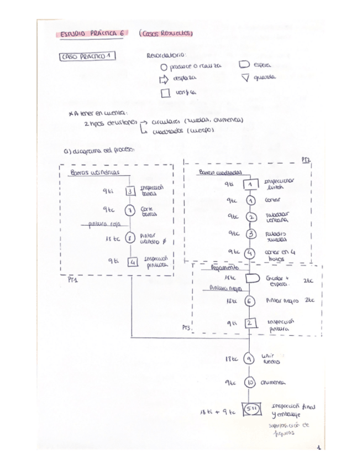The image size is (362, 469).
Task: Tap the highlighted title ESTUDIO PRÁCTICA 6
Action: point(92,33)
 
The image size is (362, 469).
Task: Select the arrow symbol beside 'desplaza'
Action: point(164,79)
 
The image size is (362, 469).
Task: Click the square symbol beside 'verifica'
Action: point(165,93)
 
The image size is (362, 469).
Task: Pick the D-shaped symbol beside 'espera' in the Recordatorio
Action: point(244,65)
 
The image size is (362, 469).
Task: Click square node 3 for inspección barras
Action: point(130,191)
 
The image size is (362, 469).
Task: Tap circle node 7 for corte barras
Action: point(130,210)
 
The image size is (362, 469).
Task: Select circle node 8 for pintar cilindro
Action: point(130,238)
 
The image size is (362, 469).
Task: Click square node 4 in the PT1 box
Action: point(132,262)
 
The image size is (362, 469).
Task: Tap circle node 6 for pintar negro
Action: point(250,300)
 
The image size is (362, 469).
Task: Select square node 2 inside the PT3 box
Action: point(250,323)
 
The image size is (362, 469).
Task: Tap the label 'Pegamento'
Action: point(224,267)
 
